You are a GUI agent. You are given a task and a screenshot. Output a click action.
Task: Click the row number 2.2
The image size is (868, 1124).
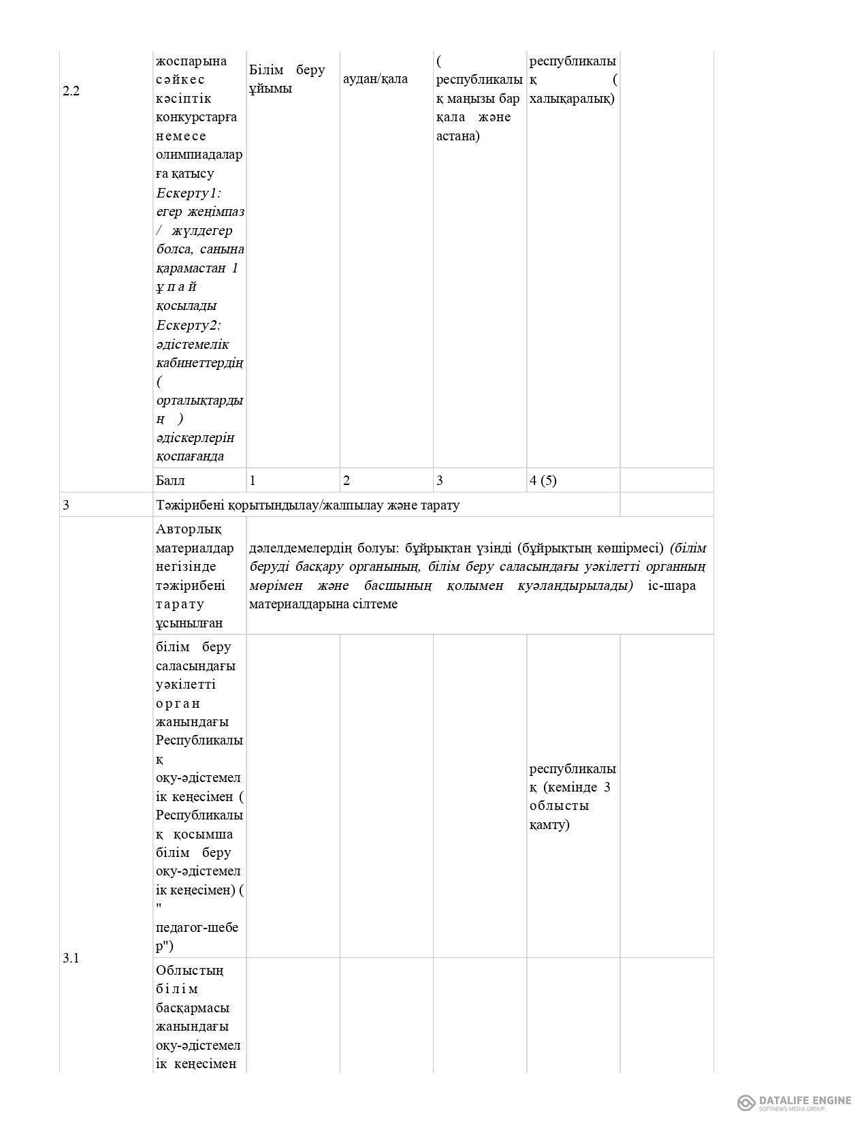[71, 91]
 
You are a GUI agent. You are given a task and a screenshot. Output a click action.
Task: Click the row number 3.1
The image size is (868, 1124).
[71, 958]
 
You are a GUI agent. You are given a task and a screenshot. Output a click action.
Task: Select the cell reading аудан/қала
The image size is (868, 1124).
[375, 78]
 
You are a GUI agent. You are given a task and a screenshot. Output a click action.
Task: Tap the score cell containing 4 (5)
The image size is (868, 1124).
[543, 480]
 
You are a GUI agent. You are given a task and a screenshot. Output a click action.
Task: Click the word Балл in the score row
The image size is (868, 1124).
[170, 480]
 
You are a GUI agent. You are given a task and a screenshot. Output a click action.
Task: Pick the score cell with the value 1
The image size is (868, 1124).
[253, 480]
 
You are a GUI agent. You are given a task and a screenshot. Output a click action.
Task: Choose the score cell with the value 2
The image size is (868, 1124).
[347, 480]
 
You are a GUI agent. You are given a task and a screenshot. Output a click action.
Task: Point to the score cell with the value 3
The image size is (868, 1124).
[440, 480]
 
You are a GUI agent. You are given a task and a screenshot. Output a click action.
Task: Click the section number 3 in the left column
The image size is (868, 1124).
[66, 505]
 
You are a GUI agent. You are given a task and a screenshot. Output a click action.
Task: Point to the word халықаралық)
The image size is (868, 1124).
[571, 99]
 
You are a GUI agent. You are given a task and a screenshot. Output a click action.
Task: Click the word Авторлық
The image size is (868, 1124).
[189, 529]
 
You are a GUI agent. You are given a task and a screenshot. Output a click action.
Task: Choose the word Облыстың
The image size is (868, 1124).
[189, 970]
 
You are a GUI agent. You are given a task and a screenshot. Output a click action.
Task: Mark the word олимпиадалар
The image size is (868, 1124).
[199, 155]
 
